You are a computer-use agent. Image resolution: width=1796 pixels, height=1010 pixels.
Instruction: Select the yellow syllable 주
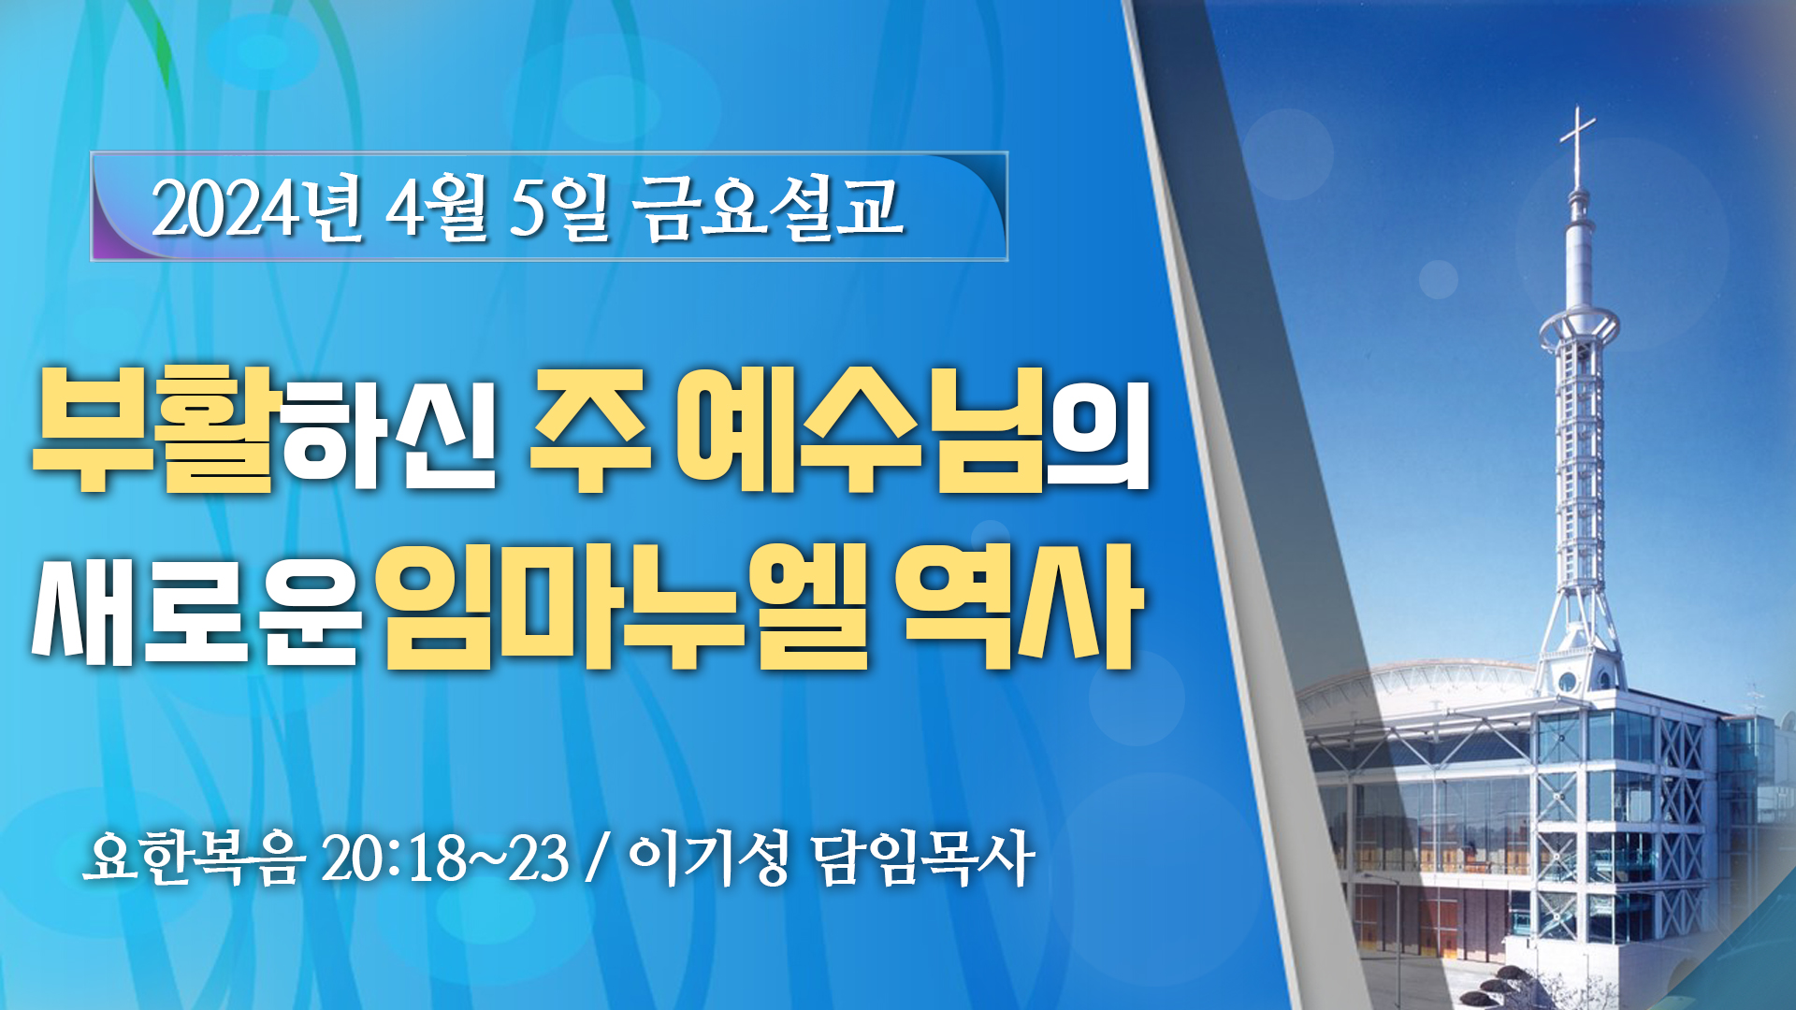click(x=589, y=429)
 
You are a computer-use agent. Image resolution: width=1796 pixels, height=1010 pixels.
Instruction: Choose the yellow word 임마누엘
click(x=624, y=606)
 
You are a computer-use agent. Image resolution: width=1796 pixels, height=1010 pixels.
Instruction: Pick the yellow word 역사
click(x=1020, y=606)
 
